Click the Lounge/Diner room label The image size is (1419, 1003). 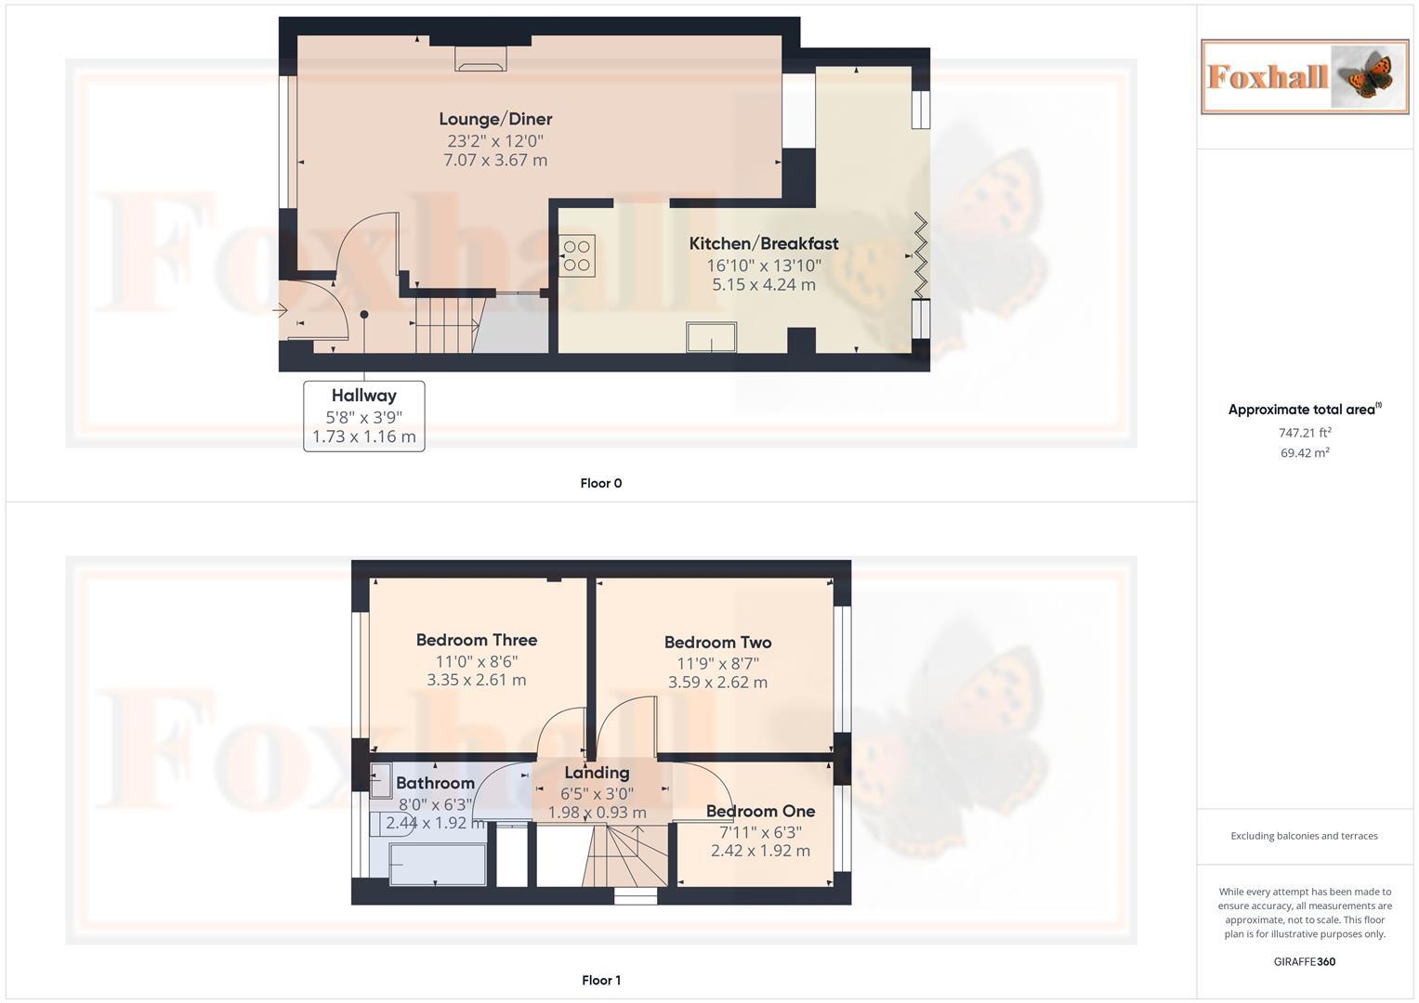point(495,119)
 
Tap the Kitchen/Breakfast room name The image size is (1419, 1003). point(763,243)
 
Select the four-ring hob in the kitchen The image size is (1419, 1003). point(576,255)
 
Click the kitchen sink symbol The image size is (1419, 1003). point(711,336)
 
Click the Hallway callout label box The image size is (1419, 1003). point(364,416)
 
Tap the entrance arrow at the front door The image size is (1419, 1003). point(281,310)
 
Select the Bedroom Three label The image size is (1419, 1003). point(476,640)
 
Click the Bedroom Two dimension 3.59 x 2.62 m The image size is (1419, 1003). point(717,683)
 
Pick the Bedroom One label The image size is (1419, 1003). point(760,811)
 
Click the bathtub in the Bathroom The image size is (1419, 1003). point(438,864)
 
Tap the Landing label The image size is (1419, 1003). point(597,773)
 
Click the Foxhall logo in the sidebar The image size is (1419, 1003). point(1305,76)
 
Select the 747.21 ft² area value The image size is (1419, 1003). point(1305,433)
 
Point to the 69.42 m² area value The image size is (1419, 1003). point(1305,453)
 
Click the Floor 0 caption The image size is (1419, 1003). point(601,483)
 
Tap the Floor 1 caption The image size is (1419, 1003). point(601,980)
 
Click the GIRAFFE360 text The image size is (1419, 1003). point(1305,962)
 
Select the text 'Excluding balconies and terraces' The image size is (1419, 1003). point(1305,836)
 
